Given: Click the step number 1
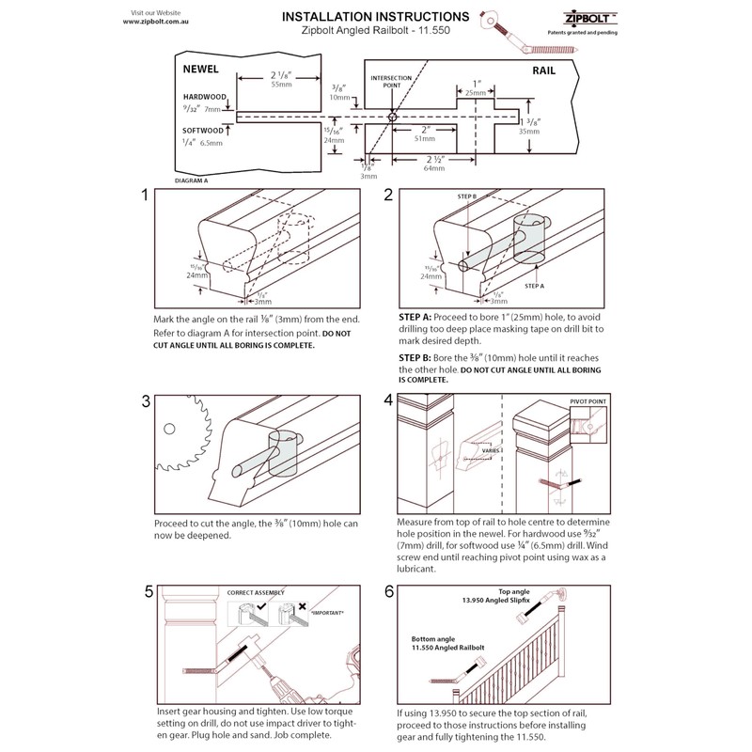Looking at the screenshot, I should tap(145, 196).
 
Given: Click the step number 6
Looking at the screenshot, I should tap(388, 592).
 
